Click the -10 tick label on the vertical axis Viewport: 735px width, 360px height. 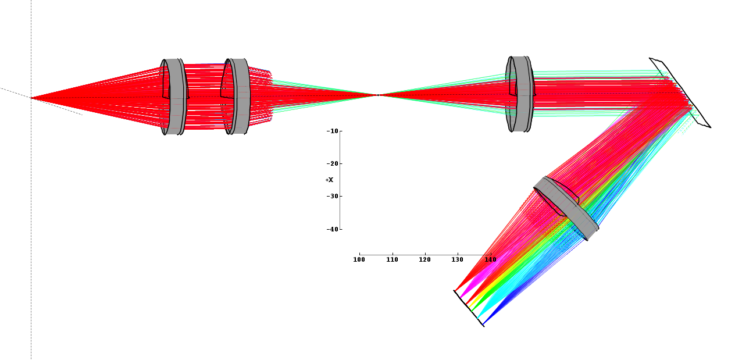(333, 131)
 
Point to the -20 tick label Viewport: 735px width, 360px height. (333, 164)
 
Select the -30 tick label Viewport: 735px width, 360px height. (333, 196)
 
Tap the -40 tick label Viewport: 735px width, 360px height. (333, 229)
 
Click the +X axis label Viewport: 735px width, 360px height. (330, 180)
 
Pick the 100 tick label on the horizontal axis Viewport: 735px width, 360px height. (359, 259)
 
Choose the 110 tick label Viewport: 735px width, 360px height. (392, 259)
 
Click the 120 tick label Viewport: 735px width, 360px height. (425, 259)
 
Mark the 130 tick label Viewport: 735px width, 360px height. (458, 259)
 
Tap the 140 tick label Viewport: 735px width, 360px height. (491, 259)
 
